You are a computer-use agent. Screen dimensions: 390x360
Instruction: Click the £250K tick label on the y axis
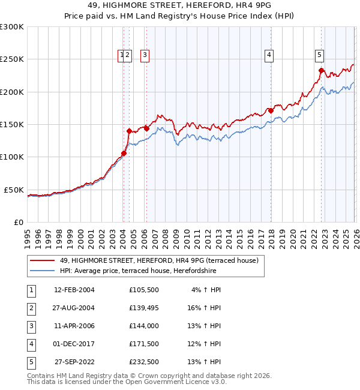12,59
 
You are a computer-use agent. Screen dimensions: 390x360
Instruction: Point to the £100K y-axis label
12,157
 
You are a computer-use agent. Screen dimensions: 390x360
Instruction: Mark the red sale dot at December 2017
271,110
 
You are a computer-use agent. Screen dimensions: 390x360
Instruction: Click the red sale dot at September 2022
322,71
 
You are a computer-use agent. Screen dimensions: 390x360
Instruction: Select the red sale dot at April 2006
146,128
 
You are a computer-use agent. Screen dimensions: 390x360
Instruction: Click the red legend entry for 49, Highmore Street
158,260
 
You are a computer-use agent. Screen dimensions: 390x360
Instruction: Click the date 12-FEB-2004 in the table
74,290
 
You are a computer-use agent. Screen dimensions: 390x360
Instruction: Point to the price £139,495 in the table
143,308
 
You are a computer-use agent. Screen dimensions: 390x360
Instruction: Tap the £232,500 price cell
143,362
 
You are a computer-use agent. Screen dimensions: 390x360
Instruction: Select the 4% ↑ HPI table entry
206,290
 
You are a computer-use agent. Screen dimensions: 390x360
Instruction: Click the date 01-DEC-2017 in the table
74,344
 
